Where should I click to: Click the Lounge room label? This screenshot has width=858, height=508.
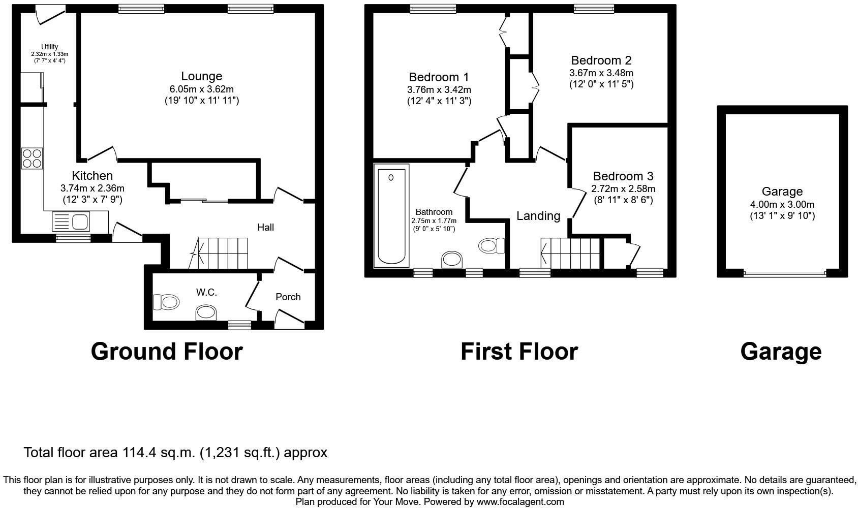tap(201, 76)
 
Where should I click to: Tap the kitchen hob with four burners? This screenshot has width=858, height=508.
tap(32, 157)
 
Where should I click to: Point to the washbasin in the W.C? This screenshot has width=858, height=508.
tap(206, 312)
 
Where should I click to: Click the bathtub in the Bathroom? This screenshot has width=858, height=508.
tap(391, 215)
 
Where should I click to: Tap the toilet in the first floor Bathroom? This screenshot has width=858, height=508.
tap(491, 246)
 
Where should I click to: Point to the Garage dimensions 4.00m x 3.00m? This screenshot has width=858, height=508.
tap(782, 205)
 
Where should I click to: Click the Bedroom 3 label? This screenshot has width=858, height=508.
tap(623, 176)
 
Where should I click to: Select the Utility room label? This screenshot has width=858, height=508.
tap(50, 47)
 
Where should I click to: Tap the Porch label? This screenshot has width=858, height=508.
tap(288, 297)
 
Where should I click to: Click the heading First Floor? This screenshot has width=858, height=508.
tap(519, 352)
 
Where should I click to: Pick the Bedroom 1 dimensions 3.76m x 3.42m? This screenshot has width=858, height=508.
tap(439, 90)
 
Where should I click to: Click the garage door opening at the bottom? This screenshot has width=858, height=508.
tap(785, 274)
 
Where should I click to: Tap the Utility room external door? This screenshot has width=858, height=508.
tap(51, 14)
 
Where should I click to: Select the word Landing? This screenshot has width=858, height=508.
tap(538, 216)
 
